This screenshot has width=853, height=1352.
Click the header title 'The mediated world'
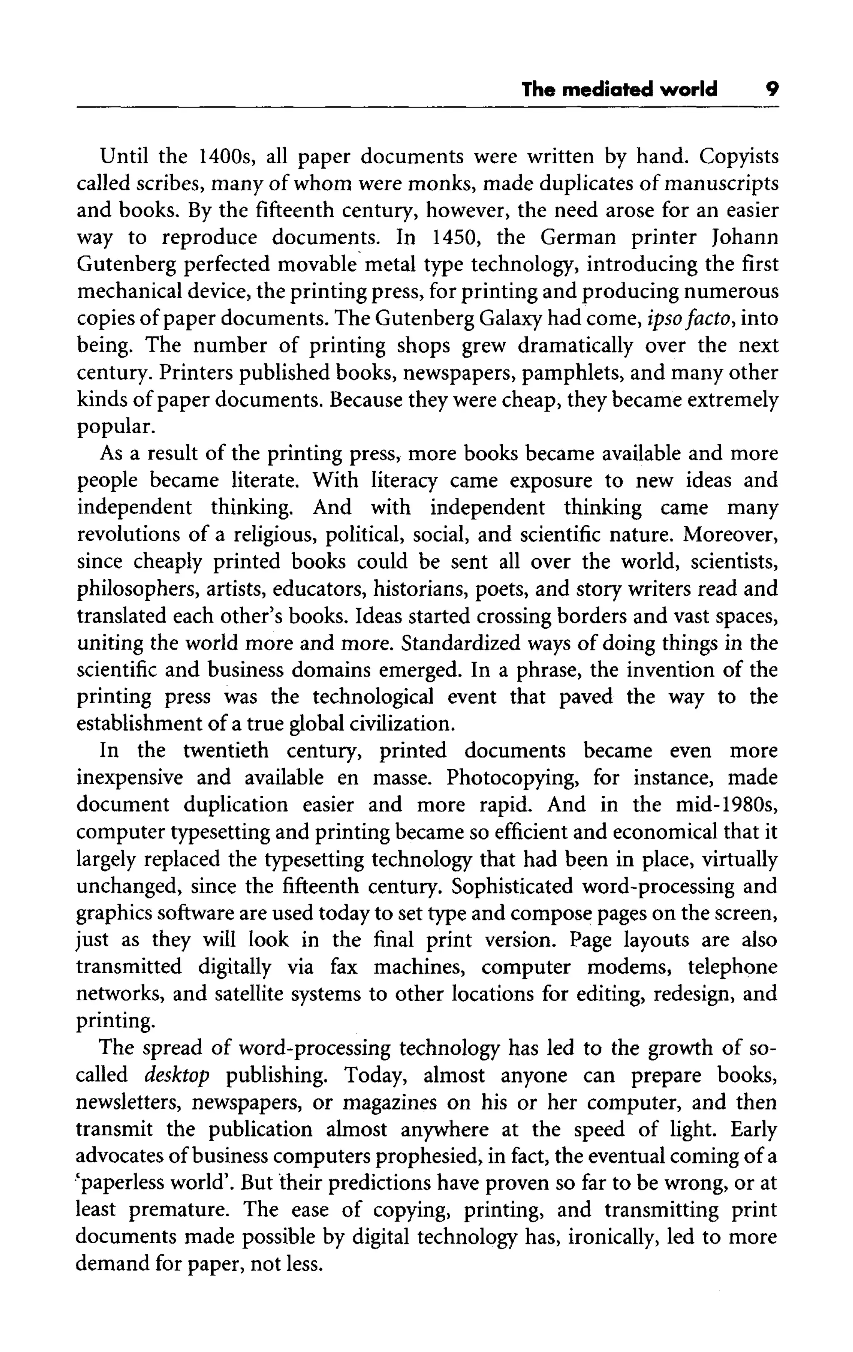click(619, 89)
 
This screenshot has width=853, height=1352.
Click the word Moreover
click(730, 534)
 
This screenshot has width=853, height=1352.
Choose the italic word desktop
click(177, 1075)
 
